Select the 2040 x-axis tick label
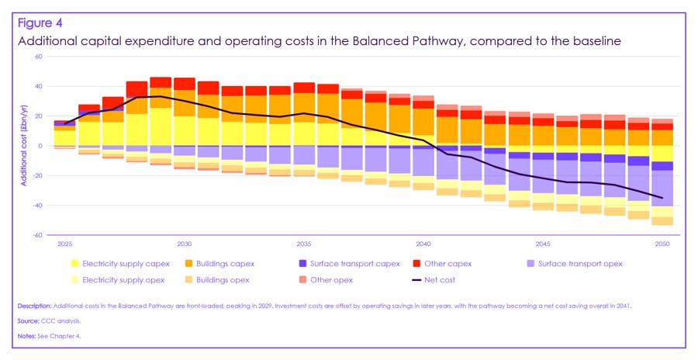[423, 244]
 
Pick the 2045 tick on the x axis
[542, 244]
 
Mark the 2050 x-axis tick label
[662, 244]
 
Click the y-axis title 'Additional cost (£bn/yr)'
[24, 146]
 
